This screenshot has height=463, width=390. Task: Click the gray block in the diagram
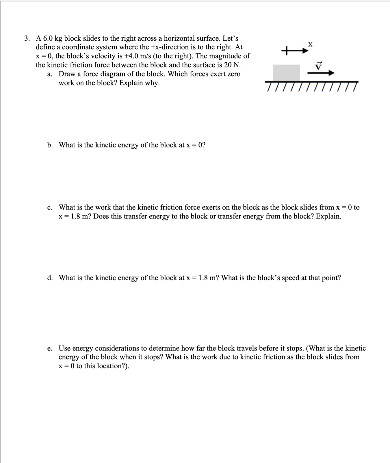[x=286, y=73]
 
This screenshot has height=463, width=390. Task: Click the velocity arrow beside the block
[x=321, y=73]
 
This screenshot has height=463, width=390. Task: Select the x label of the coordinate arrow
[x=310, y=44]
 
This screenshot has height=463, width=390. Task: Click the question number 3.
[x=27, y=38]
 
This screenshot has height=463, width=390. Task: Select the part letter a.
[x=49, y=74]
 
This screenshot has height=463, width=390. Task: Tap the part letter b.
[x=50, y=145]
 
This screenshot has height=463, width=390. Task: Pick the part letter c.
[x=50, y=208]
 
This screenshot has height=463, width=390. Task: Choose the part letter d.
[x=50, y=278]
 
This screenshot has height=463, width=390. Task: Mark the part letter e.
[x=50, y=348]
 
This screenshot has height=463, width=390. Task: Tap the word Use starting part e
[x=64, y=348]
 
